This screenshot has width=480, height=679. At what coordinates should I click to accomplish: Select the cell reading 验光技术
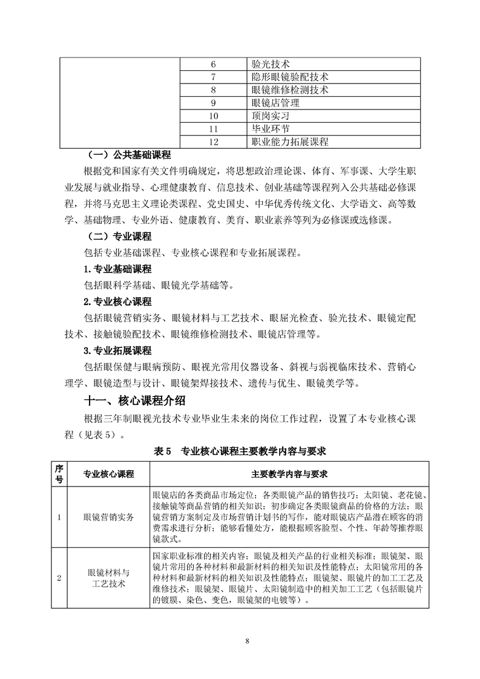point(270,64)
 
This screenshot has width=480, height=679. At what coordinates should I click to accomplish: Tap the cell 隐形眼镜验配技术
point(289,77)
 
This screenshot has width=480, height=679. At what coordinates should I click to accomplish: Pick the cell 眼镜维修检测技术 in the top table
point(289,90)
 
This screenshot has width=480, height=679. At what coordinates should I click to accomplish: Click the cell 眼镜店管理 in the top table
point(275,103)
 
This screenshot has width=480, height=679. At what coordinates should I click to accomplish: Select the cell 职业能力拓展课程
point(289,142)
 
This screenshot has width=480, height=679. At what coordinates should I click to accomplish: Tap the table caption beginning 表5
point(240,451)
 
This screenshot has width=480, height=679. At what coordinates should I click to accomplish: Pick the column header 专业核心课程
point(109,473)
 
